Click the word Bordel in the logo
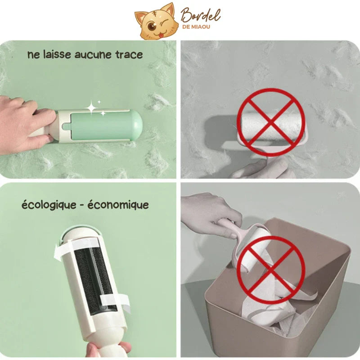[x=200, y=16]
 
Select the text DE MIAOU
[x=196, y=27]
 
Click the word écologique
[x=49, y=204]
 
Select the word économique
[x=118, y=204]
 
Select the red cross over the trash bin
[x=271, y=270]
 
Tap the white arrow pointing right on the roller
[x=115, y=301]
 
